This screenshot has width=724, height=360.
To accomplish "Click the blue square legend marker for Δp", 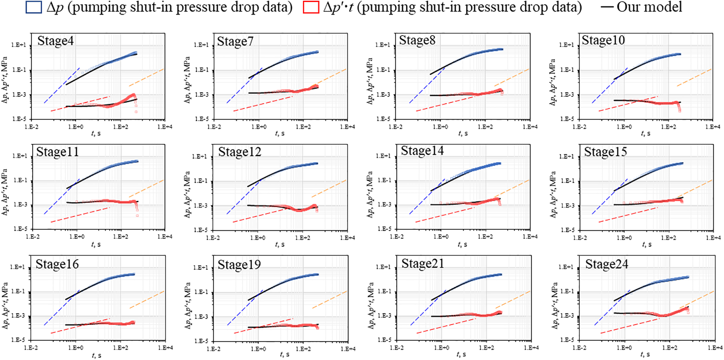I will pyautogui.click(x=33, y=7).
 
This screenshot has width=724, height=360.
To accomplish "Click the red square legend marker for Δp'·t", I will pyautogui.click(x=311, y=7).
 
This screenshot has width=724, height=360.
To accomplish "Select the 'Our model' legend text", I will pyautogui.click(x=649, y=7).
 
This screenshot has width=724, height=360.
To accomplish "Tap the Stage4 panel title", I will pyautogui.click(x=55, y=41).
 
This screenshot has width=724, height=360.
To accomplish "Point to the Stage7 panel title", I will pyautogui.click(x=235, y=41).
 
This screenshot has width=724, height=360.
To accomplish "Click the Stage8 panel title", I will pyautogui.click(x=417, y=40).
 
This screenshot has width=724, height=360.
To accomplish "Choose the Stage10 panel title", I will pyautogui.click(x=603, y=40).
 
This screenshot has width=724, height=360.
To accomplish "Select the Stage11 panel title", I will pyautogui.click(x=57, y=152).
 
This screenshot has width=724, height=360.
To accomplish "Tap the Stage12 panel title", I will pyautogui.click(x=239, y=152).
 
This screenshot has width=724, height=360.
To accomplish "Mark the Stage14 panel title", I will pyautogui.click(x=422, y=151).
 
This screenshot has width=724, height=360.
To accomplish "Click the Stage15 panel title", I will pyautogui.click(x=605, y=152).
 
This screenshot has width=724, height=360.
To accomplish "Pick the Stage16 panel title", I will pyautogui.click(x=57, y=264).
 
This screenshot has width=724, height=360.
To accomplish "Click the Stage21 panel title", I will pyautogui.click(x=423, y=263).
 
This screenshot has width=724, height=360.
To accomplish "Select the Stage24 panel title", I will pyautogui.click(x=607, y=264).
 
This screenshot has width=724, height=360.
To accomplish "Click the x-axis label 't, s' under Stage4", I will pyautogui.click(x=96, y=133).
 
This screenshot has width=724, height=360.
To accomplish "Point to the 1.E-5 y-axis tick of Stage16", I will pyautogui.click(x=19, y=340).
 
